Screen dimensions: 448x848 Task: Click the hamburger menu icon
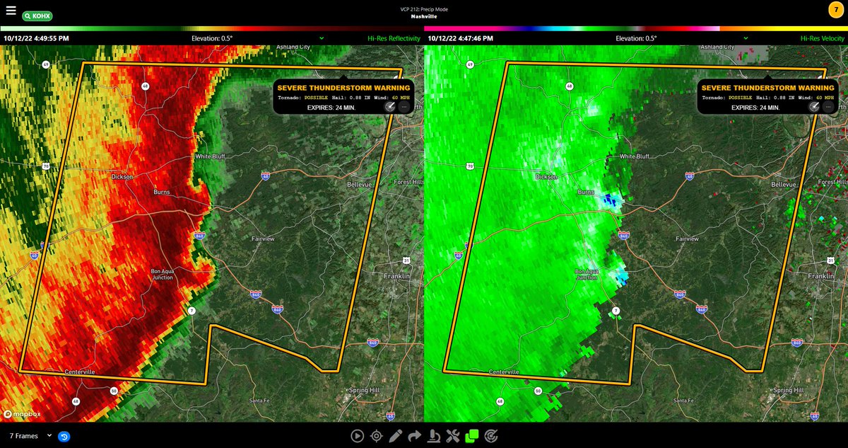click(x=11, y=11)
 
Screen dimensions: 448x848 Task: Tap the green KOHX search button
click(x=37, y=15)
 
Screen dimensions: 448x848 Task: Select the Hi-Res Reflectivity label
click(x=394, y=38)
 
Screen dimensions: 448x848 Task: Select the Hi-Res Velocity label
click(x=823, y=38)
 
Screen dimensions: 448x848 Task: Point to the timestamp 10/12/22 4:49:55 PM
click(x=36, y=38)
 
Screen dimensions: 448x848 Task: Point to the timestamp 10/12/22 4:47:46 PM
click(x=460, y=38)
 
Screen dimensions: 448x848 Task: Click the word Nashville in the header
click(x=424, y=16)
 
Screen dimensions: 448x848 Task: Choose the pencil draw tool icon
click(x=396, y=436)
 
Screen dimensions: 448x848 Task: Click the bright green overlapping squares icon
click(x=472, y=436)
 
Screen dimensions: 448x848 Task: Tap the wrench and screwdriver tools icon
click(x=453, y=436)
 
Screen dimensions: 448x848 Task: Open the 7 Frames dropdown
click(x=30, y=436)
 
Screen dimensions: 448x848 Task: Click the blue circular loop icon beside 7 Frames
click(x=64, y=436)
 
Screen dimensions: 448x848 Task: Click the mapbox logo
click(x=21, y=413)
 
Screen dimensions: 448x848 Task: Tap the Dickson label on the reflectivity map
click(x=122, y=177)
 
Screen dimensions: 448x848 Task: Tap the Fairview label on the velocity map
click(x=687, y=239)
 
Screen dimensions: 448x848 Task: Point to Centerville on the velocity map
click(x=505, y=372)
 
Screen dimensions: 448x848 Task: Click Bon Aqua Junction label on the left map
click(x=162, y=275)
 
